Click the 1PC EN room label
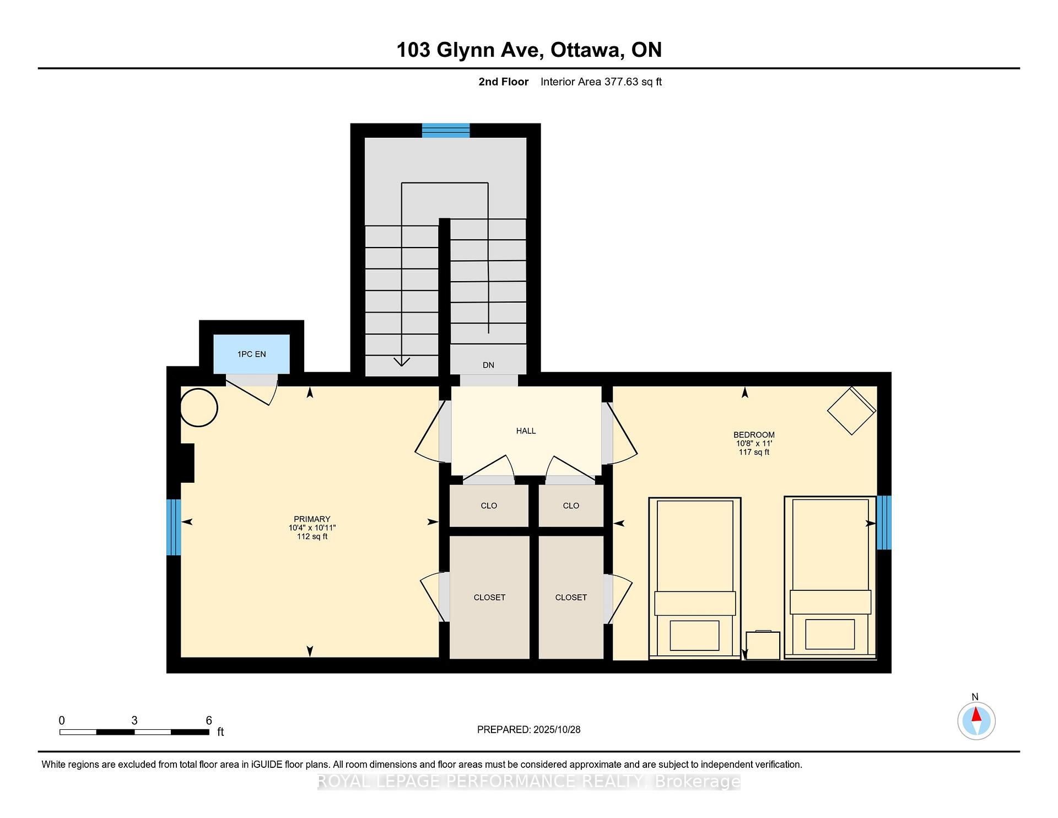[252, 354]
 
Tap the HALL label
[526, 430]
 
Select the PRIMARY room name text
[312, 519]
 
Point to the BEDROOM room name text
[754, 435]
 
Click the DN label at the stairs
[488, 365]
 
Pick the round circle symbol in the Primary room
[199, 407]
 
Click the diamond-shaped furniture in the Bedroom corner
[851, 411]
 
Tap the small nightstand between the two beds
[763, 645]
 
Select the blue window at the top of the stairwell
[446, 131]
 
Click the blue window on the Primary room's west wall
[174, 527]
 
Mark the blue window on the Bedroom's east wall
[884, 523]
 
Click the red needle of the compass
[976, 714]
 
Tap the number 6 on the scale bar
[209, 720]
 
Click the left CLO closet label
[489, 505]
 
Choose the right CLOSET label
[571, 597]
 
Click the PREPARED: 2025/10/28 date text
[529, 729]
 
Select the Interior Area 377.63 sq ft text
[601, 82]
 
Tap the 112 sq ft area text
[312, 536]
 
